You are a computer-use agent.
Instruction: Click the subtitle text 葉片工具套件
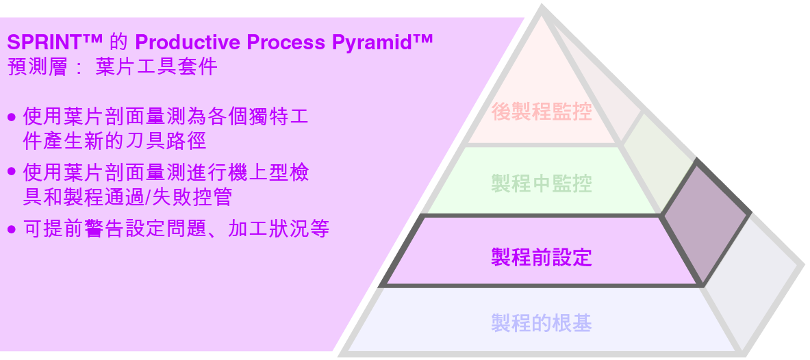point(157,67)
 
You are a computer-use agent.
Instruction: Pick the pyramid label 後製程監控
point(541,111)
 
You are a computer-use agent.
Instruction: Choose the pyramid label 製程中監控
point(541,183)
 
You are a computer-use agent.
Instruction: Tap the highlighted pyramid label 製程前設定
point(541,257)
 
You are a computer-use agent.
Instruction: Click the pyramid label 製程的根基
point(541,322)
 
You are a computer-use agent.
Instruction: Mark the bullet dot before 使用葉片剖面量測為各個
point(11,117)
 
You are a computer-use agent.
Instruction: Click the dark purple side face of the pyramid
point(705,219)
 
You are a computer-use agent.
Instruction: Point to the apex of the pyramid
point(542,11)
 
